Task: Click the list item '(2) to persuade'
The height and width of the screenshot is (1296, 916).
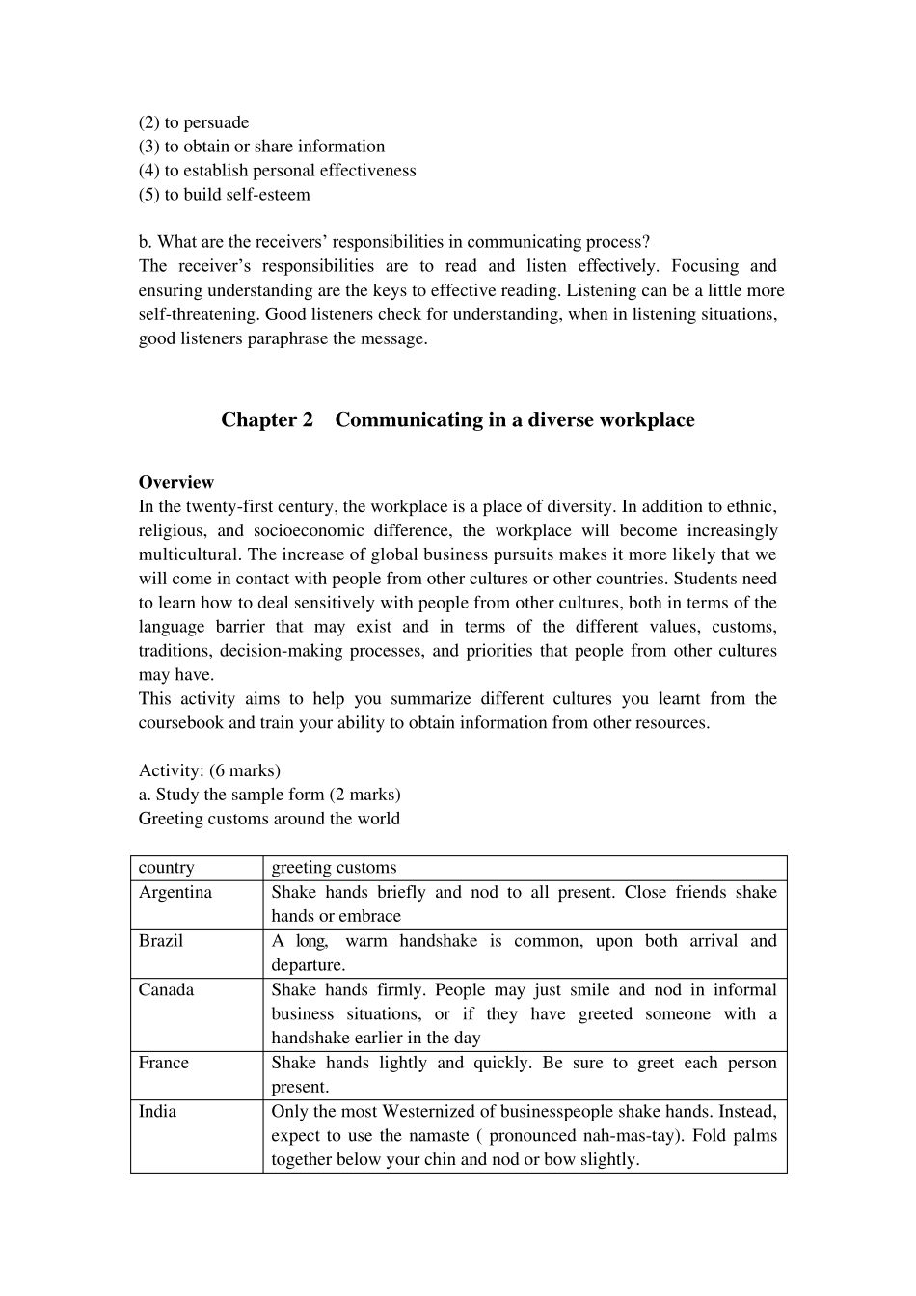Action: pyautogui.click(x=194, y=122)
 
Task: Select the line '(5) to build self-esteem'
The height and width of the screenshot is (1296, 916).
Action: pyautogui.click(x=225, y=195)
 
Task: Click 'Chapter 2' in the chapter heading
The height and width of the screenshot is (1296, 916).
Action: pyautogui.click(x=267, y=419)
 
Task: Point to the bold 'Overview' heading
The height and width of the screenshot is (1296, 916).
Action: pyautogui.click(x=176, y=482)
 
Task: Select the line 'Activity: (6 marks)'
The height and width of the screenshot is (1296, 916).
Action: pyautogui.click(x=209, y=770)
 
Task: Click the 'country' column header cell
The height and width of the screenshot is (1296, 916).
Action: pyautogui.click(x=166, y=868)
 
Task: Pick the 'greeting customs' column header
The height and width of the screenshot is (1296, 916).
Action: pyautogui.click(x=334, y=868)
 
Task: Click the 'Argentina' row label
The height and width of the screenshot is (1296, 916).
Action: pyautogui.click(x=175, y=892)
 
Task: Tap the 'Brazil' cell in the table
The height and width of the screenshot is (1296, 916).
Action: pyautogui.click(x=161, y=941)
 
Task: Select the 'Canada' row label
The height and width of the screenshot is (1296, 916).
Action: pyautogui.click(x=166, y=989)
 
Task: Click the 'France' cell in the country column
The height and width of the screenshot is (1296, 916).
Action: pyautogui.click(x=164, y=1063)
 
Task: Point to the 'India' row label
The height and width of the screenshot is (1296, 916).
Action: pyautogui.click(x=157, y=1111)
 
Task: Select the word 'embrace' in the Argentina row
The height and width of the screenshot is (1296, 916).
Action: pyautogui.click(x=368, y=916)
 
